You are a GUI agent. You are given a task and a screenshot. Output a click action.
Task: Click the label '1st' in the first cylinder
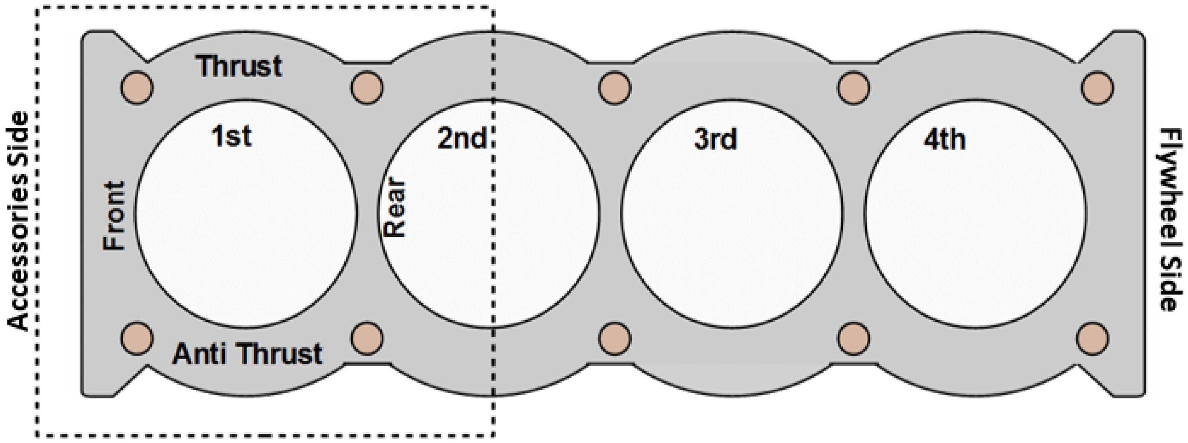point(231,136)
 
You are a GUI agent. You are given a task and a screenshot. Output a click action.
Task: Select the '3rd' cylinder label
point(715,139)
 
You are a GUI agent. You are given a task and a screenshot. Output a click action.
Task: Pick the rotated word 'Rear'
point(395,208)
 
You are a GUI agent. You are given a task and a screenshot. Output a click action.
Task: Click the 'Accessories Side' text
point(18,221)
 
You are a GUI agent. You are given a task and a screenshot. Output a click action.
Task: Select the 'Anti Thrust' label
point(247,354)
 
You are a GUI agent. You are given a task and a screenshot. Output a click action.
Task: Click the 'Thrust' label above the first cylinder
point(239,66)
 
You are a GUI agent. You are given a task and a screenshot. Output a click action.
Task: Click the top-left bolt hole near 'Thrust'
point(137,87)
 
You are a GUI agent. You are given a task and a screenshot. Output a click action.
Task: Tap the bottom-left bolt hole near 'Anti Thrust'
point(137,339)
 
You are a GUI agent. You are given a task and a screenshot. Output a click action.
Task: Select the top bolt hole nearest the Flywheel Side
point(1097,87)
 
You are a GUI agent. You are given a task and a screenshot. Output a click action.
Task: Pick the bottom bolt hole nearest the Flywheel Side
point(1093,339)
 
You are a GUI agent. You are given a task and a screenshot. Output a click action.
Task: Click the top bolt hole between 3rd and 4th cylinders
point(854,87)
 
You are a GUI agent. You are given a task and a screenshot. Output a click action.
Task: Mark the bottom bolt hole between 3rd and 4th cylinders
point(854,339)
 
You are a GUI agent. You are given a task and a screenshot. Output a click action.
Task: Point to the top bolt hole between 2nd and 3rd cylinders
point(614,87)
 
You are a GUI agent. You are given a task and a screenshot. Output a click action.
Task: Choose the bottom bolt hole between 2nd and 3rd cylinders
point(614,339)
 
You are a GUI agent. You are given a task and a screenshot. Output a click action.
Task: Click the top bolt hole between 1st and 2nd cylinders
point(367,87)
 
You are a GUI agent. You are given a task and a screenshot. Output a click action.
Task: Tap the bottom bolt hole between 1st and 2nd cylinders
point(367,339)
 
